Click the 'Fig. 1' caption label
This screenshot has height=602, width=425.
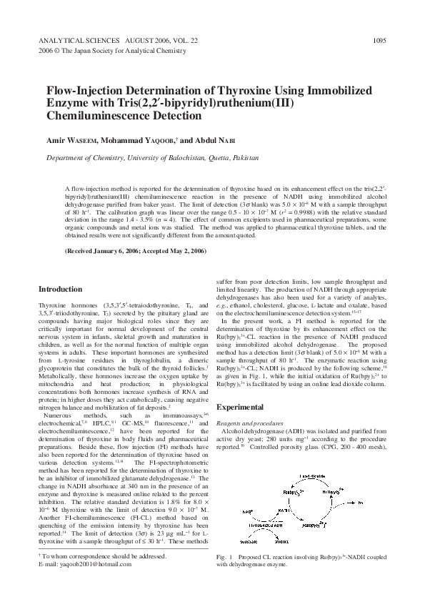(x=225, y=557)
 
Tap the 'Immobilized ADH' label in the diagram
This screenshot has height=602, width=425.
(x=266, y=525)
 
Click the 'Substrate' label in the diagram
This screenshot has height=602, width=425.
(x=249, y=541)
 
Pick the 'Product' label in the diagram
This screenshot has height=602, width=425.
(x=281, y=541)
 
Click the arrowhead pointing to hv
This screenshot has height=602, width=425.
(x=353, y=503)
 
